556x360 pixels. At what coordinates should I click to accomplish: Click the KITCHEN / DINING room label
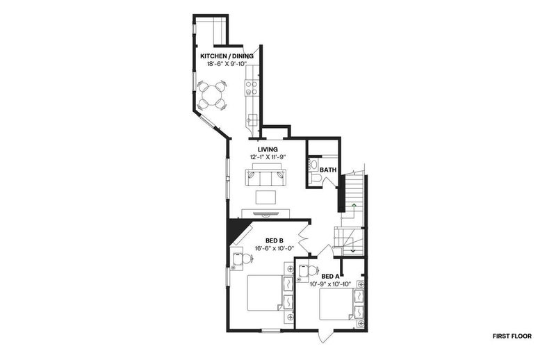point(227,56)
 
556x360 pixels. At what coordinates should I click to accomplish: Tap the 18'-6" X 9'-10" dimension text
point(227,64)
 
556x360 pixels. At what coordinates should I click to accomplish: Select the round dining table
point(212,95)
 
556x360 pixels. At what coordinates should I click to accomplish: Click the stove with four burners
point(252,88)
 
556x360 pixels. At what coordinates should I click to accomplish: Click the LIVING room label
point(268,149)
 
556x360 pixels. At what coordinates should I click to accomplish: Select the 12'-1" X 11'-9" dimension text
point(268,157)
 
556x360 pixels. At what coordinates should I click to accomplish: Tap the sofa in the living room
point(266,178)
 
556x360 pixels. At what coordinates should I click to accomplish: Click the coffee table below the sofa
point(266,197)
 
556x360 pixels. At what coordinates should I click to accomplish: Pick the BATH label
point(328,170)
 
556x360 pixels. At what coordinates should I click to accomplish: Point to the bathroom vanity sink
point(314,165)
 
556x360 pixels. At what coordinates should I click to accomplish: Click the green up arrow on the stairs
point(354,205)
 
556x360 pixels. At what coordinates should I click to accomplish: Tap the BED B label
point(274,241)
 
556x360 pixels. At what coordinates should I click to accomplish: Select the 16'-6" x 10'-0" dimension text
point(274,249)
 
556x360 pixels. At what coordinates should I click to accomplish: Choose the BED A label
point(330,277)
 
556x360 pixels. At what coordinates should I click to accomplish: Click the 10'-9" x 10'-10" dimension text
point(330,284)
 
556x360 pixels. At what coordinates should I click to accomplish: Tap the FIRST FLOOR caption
point(512,336)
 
